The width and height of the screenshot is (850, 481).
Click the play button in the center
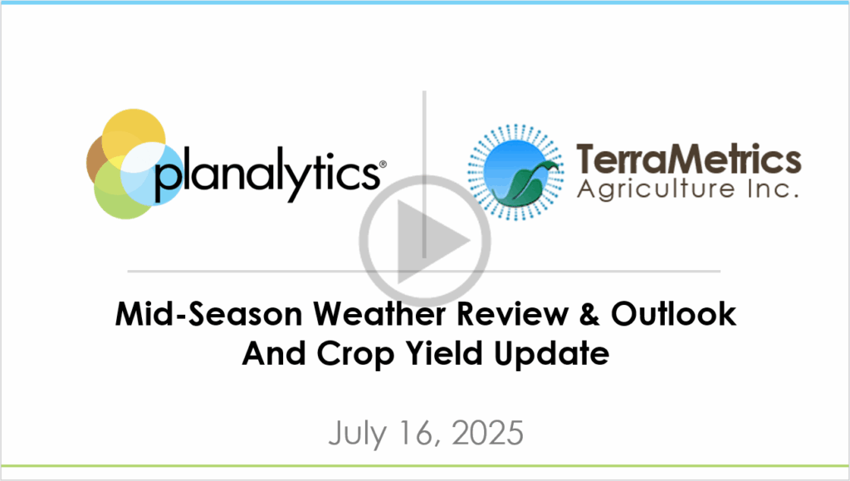[x=424, y=241]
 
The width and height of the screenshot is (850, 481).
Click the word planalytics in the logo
[x=266, y=174]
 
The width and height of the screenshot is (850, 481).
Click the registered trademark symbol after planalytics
[x=383, y=164]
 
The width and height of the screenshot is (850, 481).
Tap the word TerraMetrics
[x=688, y=159]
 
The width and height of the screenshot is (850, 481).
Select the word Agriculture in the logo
[x=656, y=189]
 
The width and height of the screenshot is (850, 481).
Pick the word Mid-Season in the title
[x=208, y=314]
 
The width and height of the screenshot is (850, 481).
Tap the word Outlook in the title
[x=673, y=314]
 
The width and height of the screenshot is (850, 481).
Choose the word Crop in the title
[x=355, y=356]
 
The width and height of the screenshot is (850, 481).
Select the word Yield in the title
[x=444, y=354]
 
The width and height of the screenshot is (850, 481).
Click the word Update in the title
[x=551, y=356]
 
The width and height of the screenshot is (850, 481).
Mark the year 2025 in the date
[x=487, y=433]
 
